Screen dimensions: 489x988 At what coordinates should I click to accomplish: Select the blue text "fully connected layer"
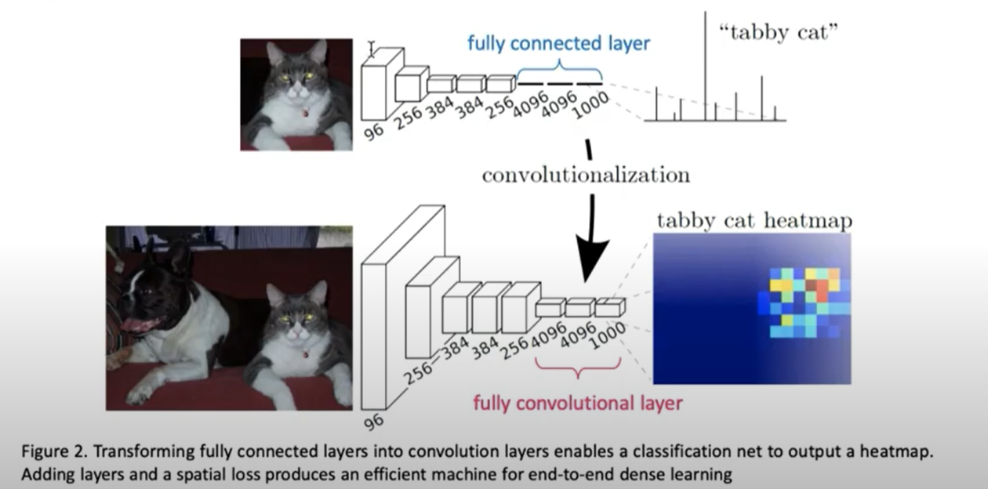[x=558, y=43]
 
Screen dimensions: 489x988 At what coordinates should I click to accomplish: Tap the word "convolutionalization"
[x=585, y=174]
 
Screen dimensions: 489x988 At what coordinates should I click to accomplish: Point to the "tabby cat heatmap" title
[x=754, y=221]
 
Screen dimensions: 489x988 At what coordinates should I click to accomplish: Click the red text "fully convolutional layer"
[x=577, y=404]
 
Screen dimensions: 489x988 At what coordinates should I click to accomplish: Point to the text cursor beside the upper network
[x=372, y=47]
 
